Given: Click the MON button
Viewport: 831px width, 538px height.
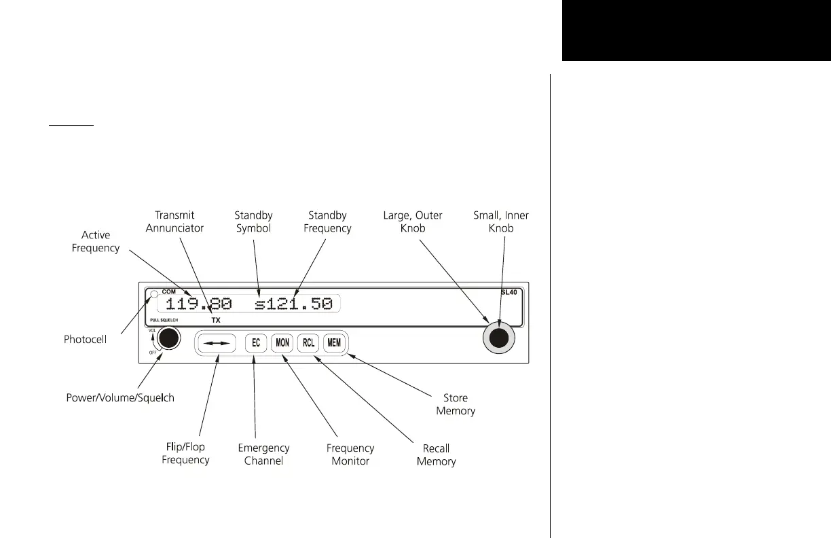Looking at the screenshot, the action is (282, 343).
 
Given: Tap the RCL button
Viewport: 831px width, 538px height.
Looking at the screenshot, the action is (308, 343).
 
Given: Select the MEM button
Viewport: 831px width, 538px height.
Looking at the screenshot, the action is (334, 343).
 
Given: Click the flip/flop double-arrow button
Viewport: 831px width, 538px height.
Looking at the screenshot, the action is (217, 344).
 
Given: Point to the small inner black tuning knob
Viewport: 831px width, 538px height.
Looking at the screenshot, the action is (499, 338).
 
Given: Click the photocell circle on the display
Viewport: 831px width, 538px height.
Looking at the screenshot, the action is (154, 295).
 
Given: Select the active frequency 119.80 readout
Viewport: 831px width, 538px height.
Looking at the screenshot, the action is (198, 304).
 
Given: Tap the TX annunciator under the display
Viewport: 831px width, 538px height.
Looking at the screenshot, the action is (216, 319).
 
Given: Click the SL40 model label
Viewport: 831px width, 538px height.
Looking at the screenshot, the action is (509, 292).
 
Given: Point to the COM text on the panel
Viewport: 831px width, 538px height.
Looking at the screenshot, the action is (168, 291).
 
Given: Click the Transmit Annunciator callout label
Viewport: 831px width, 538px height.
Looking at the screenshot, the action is (174, 222).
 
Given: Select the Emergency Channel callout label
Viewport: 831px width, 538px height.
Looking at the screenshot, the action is (263, 454).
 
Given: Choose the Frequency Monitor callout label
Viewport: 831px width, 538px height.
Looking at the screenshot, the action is (350, 454).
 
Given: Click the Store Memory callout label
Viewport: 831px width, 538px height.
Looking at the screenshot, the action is (456, 404).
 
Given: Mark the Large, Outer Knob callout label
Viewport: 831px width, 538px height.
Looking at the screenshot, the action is (412, 222).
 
